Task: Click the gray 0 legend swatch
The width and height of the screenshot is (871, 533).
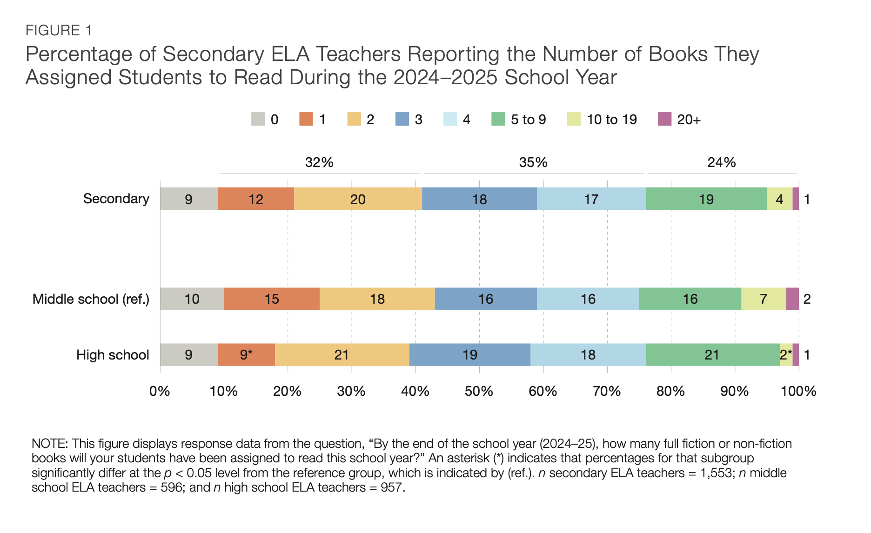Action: [258, 119]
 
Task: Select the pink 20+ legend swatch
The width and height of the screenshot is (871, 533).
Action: [664, 119]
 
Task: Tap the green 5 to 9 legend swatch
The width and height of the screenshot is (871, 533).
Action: [498, 119]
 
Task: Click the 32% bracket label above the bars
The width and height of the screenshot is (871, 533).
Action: [319, 162]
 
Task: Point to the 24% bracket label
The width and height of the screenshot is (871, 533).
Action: [722, 162]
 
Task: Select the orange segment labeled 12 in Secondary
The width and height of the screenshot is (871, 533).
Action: [256, 199]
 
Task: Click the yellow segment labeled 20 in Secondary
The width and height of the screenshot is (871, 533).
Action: [358, 199]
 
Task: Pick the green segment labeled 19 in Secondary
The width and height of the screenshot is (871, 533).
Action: [706, 199]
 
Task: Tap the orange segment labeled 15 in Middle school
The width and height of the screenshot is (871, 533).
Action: [272, 299]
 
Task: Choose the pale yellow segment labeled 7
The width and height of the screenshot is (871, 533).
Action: [764, 299]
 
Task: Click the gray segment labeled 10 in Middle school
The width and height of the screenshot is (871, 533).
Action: [192, 299]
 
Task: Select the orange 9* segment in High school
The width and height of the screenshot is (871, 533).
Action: [246, 354]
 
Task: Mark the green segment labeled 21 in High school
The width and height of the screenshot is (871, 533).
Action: [713, 354]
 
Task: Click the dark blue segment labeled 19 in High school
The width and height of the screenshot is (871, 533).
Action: [470, 354]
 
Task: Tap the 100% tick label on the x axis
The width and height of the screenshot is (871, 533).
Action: [798, 391]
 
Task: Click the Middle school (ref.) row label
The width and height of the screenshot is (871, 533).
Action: [91, 299]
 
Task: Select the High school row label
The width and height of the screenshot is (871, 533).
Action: [113, 355]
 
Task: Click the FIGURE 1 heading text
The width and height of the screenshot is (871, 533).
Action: [59, 31]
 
